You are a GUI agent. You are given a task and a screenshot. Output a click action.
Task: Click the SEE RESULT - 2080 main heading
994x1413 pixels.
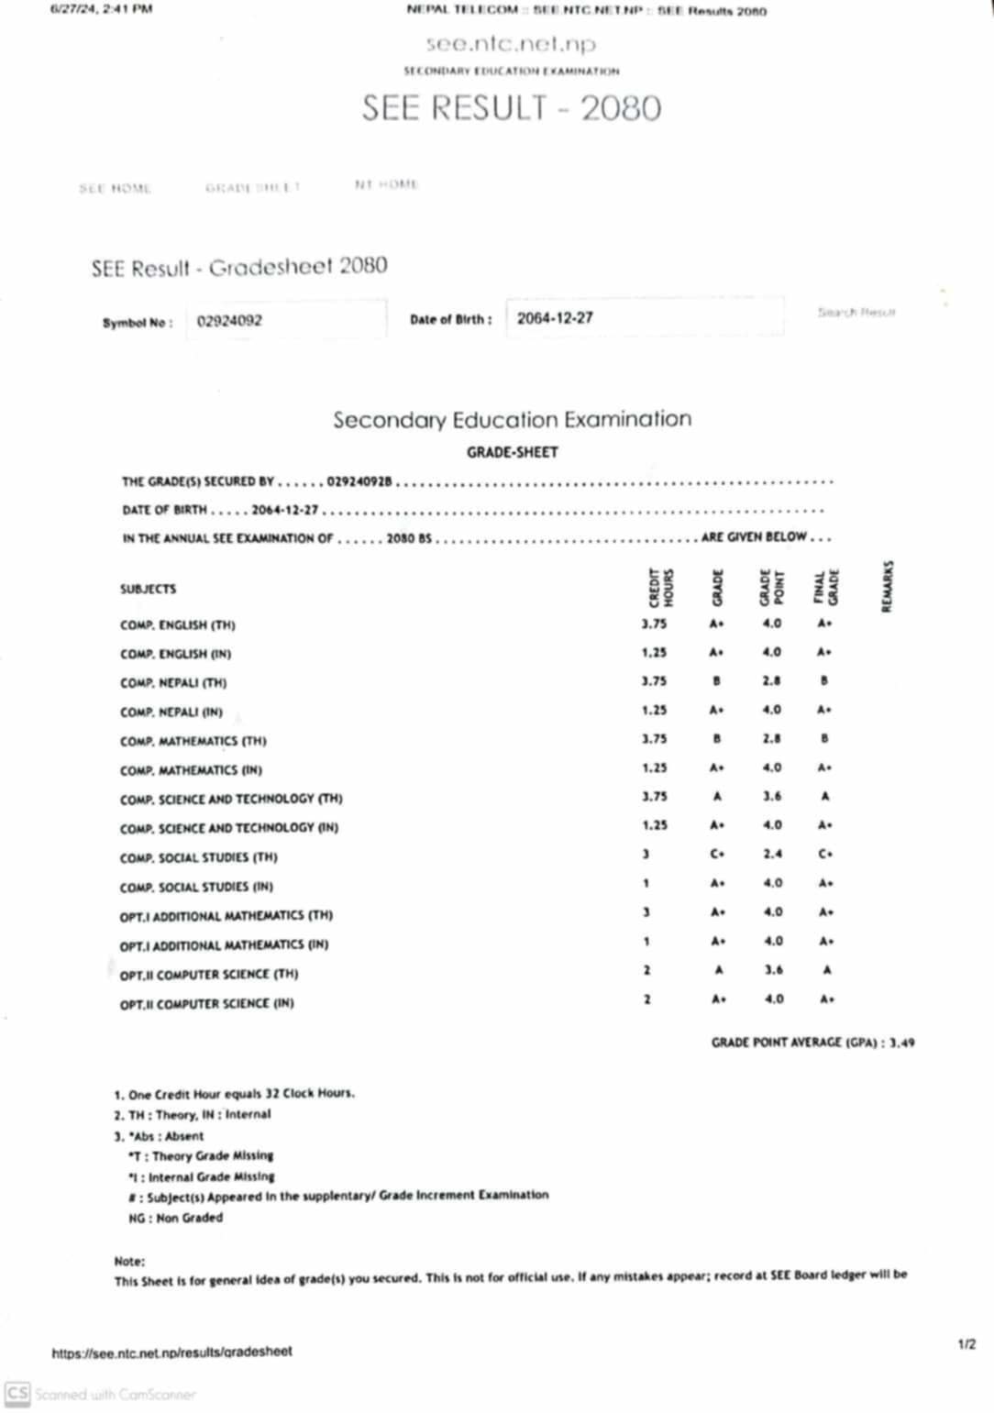tap(511, 108)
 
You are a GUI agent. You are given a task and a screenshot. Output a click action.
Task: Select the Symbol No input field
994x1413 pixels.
tap(286, 320)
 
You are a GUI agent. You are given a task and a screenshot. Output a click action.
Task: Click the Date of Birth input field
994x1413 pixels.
tap(644, 317)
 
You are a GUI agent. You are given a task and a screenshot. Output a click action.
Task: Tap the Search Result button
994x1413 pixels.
tap(856, 313)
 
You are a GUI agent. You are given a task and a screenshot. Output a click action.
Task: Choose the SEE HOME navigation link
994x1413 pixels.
tap(115, 189)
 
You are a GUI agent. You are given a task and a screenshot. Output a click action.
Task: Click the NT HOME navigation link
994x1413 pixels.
tap(386, 184)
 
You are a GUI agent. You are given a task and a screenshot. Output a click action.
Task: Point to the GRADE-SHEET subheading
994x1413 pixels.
tap(512, 452)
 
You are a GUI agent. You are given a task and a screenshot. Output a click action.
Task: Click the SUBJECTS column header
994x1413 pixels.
tap(148, 589)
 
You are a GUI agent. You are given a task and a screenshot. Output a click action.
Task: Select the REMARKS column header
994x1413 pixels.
tap(887, 586)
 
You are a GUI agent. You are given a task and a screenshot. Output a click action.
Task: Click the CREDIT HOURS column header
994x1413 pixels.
tap(660, 588)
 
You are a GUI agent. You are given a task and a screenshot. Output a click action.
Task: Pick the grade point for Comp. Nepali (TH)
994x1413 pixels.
tap(772, 680)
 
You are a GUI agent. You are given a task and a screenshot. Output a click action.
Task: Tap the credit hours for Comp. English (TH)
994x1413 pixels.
tap(654, 624)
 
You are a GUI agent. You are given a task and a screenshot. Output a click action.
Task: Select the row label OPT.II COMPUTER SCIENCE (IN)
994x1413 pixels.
tap(206, 1004)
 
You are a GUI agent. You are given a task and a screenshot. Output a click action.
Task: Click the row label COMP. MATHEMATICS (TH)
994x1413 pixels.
tap(193, 741)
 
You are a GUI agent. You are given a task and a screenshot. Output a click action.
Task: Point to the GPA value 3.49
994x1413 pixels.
tap(901, 1043)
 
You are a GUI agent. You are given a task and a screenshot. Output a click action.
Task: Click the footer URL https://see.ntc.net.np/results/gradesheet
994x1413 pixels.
tap(171, 1352)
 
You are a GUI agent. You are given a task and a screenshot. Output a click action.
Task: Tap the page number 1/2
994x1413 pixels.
tap(966, 1345)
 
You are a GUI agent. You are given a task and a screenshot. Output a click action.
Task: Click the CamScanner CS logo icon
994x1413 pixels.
tap(17, 1395)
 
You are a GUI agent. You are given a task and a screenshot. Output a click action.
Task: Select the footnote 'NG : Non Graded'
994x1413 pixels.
tap(175, 1218)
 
